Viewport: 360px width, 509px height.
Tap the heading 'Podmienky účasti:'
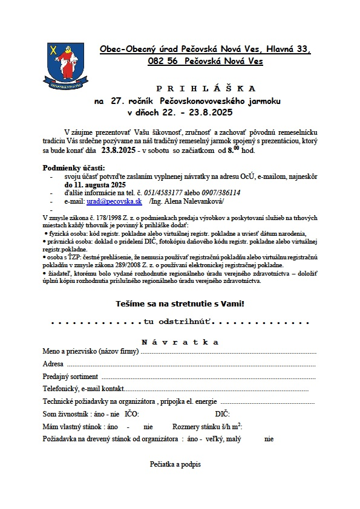(74, 167)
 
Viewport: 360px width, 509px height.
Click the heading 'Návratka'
(180, 342)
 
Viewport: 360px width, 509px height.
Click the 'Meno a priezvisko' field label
(91, 351)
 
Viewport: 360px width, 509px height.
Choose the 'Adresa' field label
(53, 364)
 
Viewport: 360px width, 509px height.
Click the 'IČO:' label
(131, 414)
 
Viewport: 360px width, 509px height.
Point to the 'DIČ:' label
(222, 414)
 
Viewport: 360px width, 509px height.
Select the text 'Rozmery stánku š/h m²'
(207, 427)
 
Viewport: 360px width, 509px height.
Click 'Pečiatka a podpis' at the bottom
(175, 465)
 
